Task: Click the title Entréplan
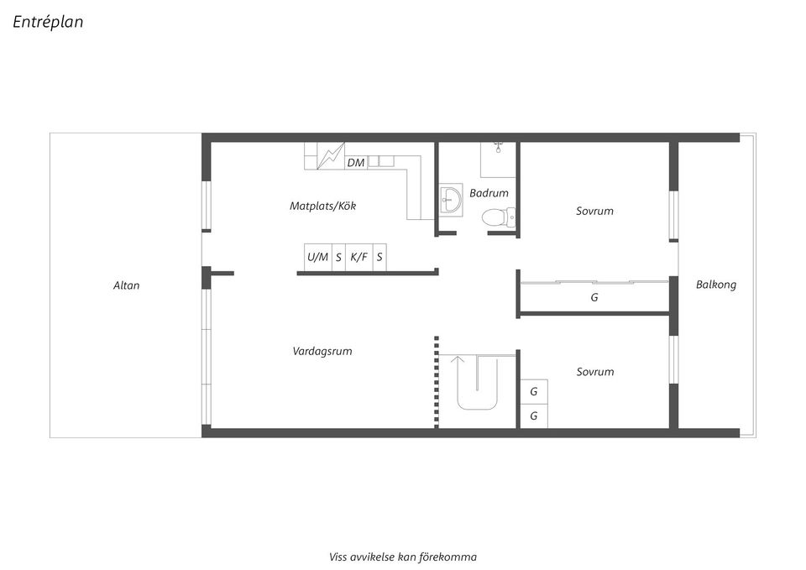[x=48, y=22]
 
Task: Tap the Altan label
[x=127, y=285]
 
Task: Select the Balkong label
[x=715, y=285]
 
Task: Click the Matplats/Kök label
[x=322, y=206]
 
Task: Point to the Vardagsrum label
[x=322, y=351]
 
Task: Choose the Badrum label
[x=489, y=193]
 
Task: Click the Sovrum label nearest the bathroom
[x=594, y=211]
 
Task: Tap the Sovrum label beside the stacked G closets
[x=594, y=371]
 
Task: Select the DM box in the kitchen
[x=356, y=162]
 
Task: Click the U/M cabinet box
[x=317, y=258]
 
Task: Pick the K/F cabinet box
[x=359, y=258]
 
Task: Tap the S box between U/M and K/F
[x=338, y=258]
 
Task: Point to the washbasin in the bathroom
[x=451, y=200]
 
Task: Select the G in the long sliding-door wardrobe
[x=594, y=297]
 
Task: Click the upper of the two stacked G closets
[x=533, y=391]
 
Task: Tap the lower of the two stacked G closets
[x=533, y=416]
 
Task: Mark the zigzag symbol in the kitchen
[x=331, y=156]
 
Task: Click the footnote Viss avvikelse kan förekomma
[x=403, y=557]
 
